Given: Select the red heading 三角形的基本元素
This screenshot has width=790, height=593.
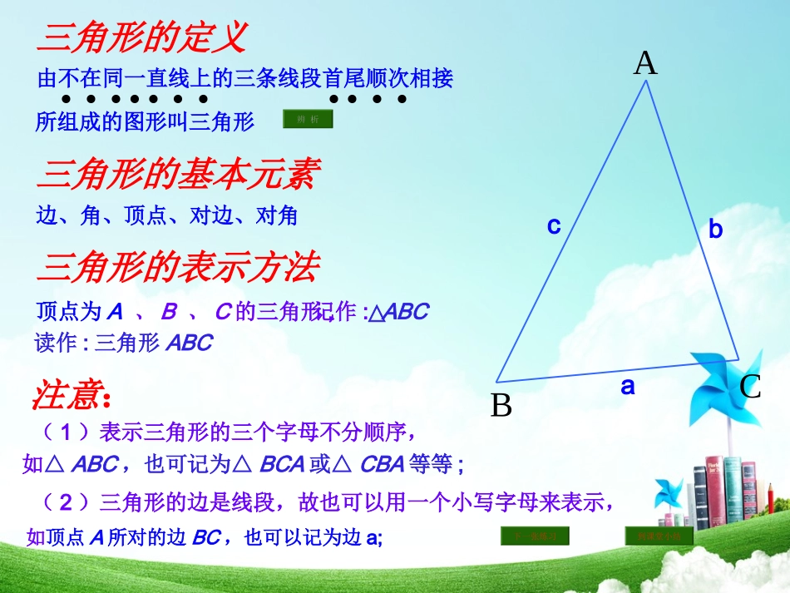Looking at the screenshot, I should (x=180, y=175).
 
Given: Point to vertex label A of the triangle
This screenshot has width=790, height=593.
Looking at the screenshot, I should (x=645, y=63).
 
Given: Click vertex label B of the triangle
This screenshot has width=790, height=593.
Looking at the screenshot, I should (x=501, y=406).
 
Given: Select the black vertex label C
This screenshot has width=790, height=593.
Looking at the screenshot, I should (x=751, y=387).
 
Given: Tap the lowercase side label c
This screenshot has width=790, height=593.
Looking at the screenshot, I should (x=554, y=225).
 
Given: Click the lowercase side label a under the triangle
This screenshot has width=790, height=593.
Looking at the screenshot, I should (x=628, y=386).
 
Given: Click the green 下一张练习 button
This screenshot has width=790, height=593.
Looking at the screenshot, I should (x=534, y=536).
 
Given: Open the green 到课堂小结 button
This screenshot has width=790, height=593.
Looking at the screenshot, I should (x=659, y=536).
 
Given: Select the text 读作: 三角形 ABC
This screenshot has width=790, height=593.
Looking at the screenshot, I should (x=124, y=343).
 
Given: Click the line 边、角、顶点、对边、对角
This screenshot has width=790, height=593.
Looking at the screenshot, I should (x=167, y=216).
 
